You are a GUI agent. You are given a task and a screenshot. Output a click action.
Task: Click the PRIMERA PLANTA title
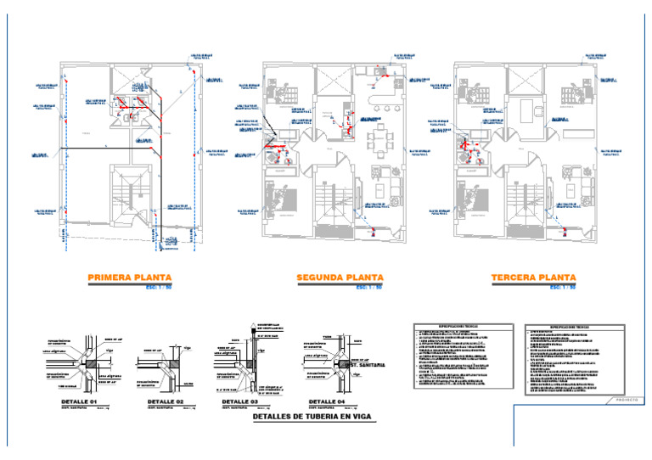click(x=130, y=278)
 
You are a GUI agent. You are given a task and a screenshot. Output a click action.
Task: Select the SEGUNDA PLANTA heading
click(x=340, y=278)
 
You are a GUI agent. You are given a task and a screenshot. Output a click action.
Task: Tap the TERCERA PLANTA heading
click(x=533, y=278)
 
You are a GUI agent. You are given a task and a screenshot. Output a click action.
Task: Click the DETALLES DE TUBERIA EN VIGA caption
click(x=311, y=418)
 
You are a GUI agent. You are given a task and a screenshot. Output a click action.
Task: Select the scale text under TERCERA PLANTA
click(x=562, y=287)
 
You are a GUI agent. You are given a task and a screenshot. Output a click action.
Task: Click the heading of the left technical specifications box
click(x=463, y=326)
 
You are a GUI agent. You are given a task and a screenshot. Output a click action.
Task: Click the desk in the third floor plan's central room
click(x=526, y=109)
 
